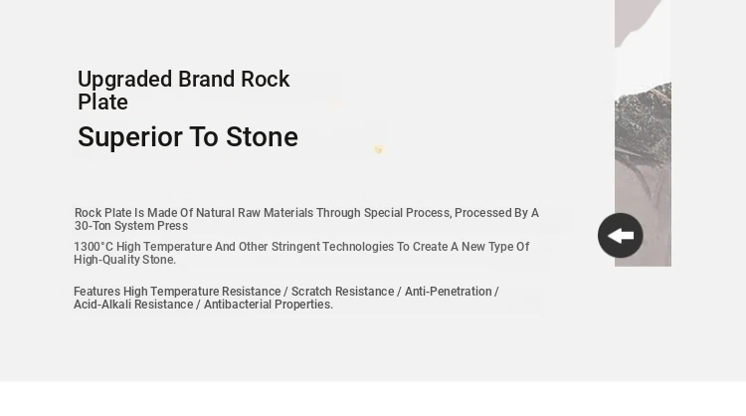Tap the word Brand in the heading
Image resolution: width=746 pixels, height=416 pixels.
click(207, 79)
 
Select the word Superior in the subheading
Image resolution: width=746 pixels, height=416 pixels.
click(130, 137)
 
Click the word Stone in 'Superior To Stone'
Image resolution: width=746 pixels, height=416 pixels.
click(263, 137)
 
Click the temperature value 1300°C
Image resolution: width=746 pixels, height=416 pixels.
click(93, 247)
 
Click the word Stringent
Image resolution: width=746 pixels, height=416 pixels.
click(295, 247)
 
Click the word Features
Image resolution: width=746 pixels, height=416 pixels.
click(97, 292)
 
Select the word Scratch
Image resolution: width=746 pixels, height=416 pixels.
click(310, 292)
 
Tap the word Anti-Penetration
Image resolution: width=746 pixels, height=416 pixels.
click(449, 292)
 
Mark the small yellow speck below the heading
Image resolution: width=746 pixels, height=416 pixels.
click(379, 150)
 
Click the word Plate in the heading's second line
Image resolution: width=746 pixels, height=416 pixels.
click(102, 103)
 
